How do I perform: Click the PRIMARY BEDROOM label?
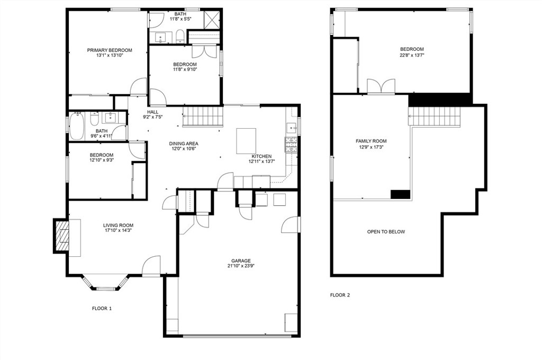point(110,50)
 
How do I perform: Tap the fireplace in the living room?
point(62,236)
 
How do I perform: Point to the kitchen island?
point(246,140)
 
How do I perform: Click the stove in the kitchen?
point(291,145)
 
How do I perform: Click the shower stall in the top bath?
point(212,19)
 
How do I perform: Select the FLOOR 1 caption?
point(102,308)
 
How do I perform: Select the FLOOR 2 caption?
point(340,295)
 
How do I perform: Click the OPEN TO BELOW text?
point(386,232)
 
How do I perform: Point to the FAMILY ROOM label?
point(371,141)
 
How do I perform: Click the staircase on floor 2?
point(435,116)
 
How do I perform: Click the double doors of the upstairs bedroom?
point(381,87)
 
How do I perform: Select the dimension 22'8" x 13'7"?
point(412,55)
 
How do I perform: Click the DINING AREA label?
point(184,143)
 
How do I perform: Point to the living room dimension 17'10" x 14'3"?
point(118,231)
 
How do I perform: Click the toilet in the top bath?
point(179,36)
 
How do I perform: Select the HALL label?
point(152,112)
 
